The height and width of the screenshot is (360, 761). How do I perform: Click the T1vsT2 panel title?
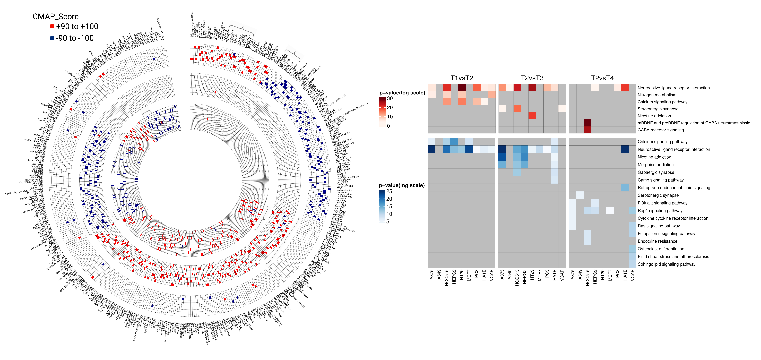[x=462, y=78]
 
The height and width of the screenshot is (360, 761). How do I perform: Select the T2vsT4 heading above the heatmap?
[x=602, y=78]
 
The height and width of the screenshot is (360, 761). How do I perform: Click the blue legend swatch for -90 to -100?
[x=52, y=38]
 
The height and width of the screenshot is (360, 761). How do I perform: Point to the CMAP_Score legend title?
[x=56, y=16]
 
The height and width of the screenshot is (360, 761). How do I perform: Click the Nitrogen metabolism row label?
[x=657, y=95]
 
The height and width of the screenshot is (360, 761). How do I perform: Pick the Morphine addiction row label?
[x=655, y=165]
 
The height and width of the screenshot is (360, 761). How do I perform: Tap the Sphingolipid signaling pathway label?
[x=667, y=264]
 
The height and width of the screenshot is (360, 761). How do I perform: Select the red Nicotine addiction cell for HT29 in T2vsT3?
[x=532, y=116]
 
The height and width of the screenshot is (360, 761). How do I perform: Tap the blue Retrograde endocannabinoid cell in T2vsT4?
[x=625, y=187]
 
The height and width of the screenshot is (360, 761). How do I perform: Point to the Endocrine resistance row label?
[x=657, y=241]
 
